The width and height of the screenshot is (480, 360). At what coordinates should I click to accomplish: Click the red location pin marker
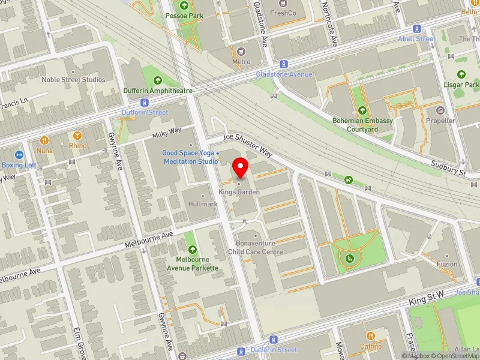241,167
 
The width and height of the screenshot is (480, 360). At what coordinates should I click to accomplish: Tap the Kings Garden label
239,192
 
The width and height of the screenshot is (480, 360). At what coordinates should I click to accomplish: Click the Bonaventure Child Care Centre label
255,248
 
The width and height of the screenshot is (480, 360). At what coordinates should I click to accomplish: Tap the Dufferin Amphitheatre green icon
158,80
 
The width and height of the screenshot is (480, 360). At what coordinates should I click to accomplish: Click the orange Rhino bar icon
77,136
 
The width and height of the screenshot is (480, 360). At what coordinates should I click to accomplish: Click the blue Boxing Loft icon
19,154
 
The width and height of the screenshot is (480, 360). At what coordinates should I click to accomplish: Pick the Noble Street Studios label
73,80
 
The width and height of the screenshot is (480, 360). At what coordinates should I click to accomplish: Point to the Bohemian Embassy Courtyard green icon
362,110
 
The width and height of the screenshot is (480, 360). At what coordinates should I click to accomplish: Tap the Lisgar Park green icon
461,74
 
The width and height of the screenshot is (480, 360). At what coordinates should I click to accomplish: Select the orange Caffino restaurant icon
370,336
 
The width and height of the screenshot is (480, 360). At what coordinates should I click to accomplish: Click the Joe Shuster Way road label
252,145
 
